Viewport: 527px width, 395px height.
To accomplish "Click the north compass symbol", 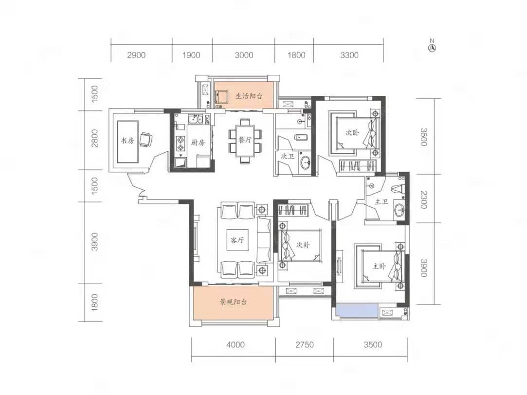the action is pos(432,46).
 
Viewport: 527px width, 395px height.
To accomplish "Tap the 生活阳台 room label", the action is pos(249,96).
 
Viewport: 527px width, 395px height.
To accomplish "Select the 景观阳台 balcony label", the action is pos(233,302).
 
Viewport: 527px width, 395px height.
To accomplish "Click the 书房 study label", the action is pos(127,141).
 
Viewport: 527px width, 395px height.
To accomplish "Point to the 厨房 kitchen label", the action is pos(198,143).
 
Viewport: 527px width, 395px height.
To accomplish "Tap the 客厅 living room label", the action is pos(237,240).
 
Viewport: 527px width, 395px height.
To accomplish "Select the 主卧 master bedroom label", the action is pos(379,267).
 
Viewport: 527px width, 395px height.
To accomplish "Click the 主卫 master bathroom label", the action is pos(382,202).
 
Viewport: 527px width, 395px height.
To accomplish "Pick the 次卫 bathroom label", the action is pos(288,156).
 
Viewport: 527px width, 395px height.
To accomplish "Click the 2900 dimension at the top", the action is pos(136,55).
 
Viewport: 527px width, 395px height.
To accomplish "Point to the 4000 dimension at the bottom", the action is pos(235,344).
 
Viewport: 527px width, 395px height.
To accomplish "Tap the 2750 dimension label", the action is pos(305,344).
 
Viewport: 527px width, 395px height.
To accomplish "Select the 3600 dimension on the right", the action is pos(423,137).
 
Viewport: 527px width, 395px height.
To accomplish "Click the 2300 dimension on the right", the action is pos(423,199).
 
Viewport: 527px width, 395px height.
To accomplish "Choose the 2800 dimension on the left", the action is pos(95,138).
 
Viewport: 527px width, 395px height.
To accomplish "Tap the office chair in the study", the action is pos(146,139).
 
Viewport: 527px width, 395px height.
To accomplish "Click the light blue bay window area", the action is pos(357,310).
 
